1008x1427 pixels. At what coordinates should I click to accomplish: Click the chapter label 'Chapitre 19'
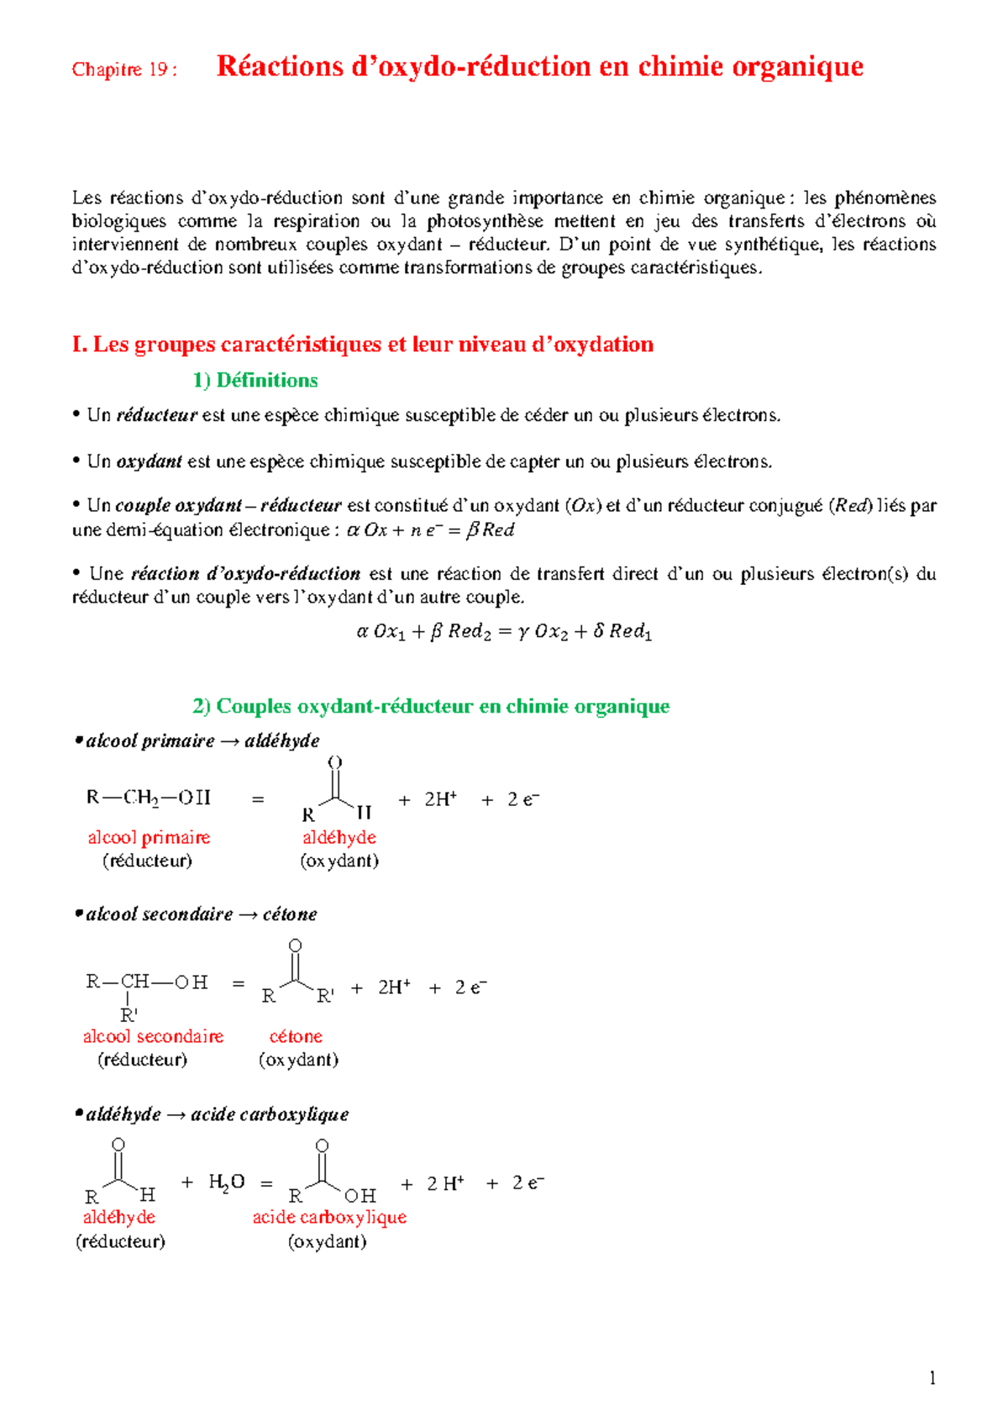pyautogui.click(x=123, y=70)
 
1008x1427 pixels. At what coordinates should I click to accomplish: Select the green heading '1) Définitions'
pyautogui.click(x=255, y=381)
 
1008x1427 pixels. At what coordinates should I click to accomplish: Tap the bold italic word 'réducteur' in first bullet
pyautogui.click(x=156, y=415)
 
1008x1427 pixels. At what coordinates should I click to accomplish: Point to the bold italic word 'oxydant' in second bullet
pyautogui.click(x=149, y=461)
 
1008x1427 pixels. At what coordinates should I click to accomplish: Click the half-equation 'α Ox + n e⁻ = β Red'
pyautogui.click(x=430, y=530)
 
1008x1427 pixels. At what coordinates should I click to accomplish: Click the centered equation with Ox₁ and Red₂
pyautogui.click(x=504, y=631)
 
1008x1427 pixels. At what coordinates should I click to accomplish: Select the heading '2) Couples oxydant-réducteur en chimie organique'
pyautogui.click(x=431, y=706)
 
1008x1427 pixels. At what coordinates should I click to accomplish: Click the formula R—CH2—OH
pyautogui.click(x=149, y=798)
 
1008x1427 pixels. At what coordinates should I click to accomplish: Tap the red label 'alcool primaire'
pyautogui.click(x=149, y=838)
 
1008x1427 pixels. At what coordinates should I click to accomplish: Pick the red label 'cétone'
pyautogui.click(x=296, y=1037)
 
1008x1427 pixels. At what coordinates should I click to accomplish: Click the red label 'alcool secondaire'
pyautogui.click(x=153, y=1037)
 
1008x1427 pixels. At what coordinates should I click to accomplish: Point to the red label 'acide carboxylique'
pyautogui.click(x=329, y=1218)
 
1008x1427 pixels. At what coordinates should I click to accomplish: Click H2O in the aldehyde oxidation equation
pyautogui.click(x=226, y=1183)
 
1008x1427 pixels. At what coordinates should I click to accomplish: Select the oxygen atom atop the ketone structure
pyautogui.click(x=295, y=946)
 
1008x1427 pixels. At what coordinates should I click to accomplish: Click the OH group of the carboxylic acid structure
pyautogui.click(x=360, y=1195)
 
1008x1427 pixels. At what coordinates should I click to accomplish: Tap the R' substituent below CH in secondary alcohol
pyautogui.click(x=129, y=1014)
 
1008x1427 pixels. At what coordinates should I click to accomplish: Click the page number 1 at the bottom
pyautogui.click(x=932, y=1378)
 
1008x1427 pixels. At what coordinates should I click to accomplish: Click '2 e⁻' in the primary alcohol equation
pyautogui.click(x=522, y=799)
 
